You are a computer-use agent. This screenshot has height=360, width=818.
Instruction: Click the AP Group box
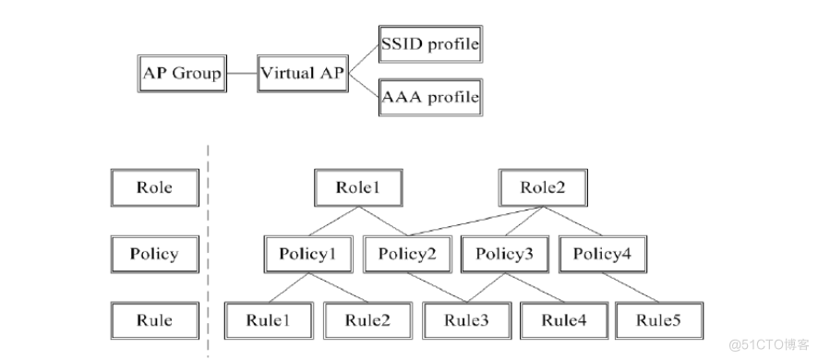183,72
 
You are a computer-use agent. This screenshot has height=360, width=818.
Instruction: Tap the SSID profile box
430,43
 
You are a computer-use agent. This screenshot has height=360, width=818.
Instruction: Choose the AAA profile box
430,96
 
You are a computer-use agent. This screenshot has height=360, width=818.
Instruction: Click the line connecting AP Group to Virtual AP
242,72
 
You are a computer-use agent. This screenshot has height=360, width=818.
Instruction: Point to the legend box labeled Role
154,187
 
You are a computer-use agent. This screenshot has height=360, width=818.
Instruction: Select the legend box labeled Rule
154,320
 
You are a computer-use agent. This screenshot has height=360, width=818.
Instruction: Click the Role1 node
358,187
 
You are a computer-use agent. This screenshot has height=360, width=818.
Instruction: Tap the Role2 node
545,187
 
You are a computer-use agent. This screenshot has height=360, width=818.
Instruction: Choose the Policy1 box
309,254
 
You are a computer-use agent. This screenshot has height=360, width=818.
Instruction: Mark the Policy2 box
407,254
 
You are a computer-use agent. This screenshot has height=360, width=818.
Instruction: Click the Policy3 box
503,254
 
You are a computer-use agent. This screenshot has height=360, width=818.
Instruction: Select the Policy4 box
603,254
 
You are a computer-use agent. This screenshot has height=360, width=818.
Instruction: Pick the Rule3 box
467,320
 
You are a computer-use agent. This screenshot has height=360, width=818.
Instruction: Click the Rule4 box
565,320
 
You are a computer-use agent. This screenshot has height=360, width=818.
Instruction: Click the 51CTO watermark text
766,344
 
